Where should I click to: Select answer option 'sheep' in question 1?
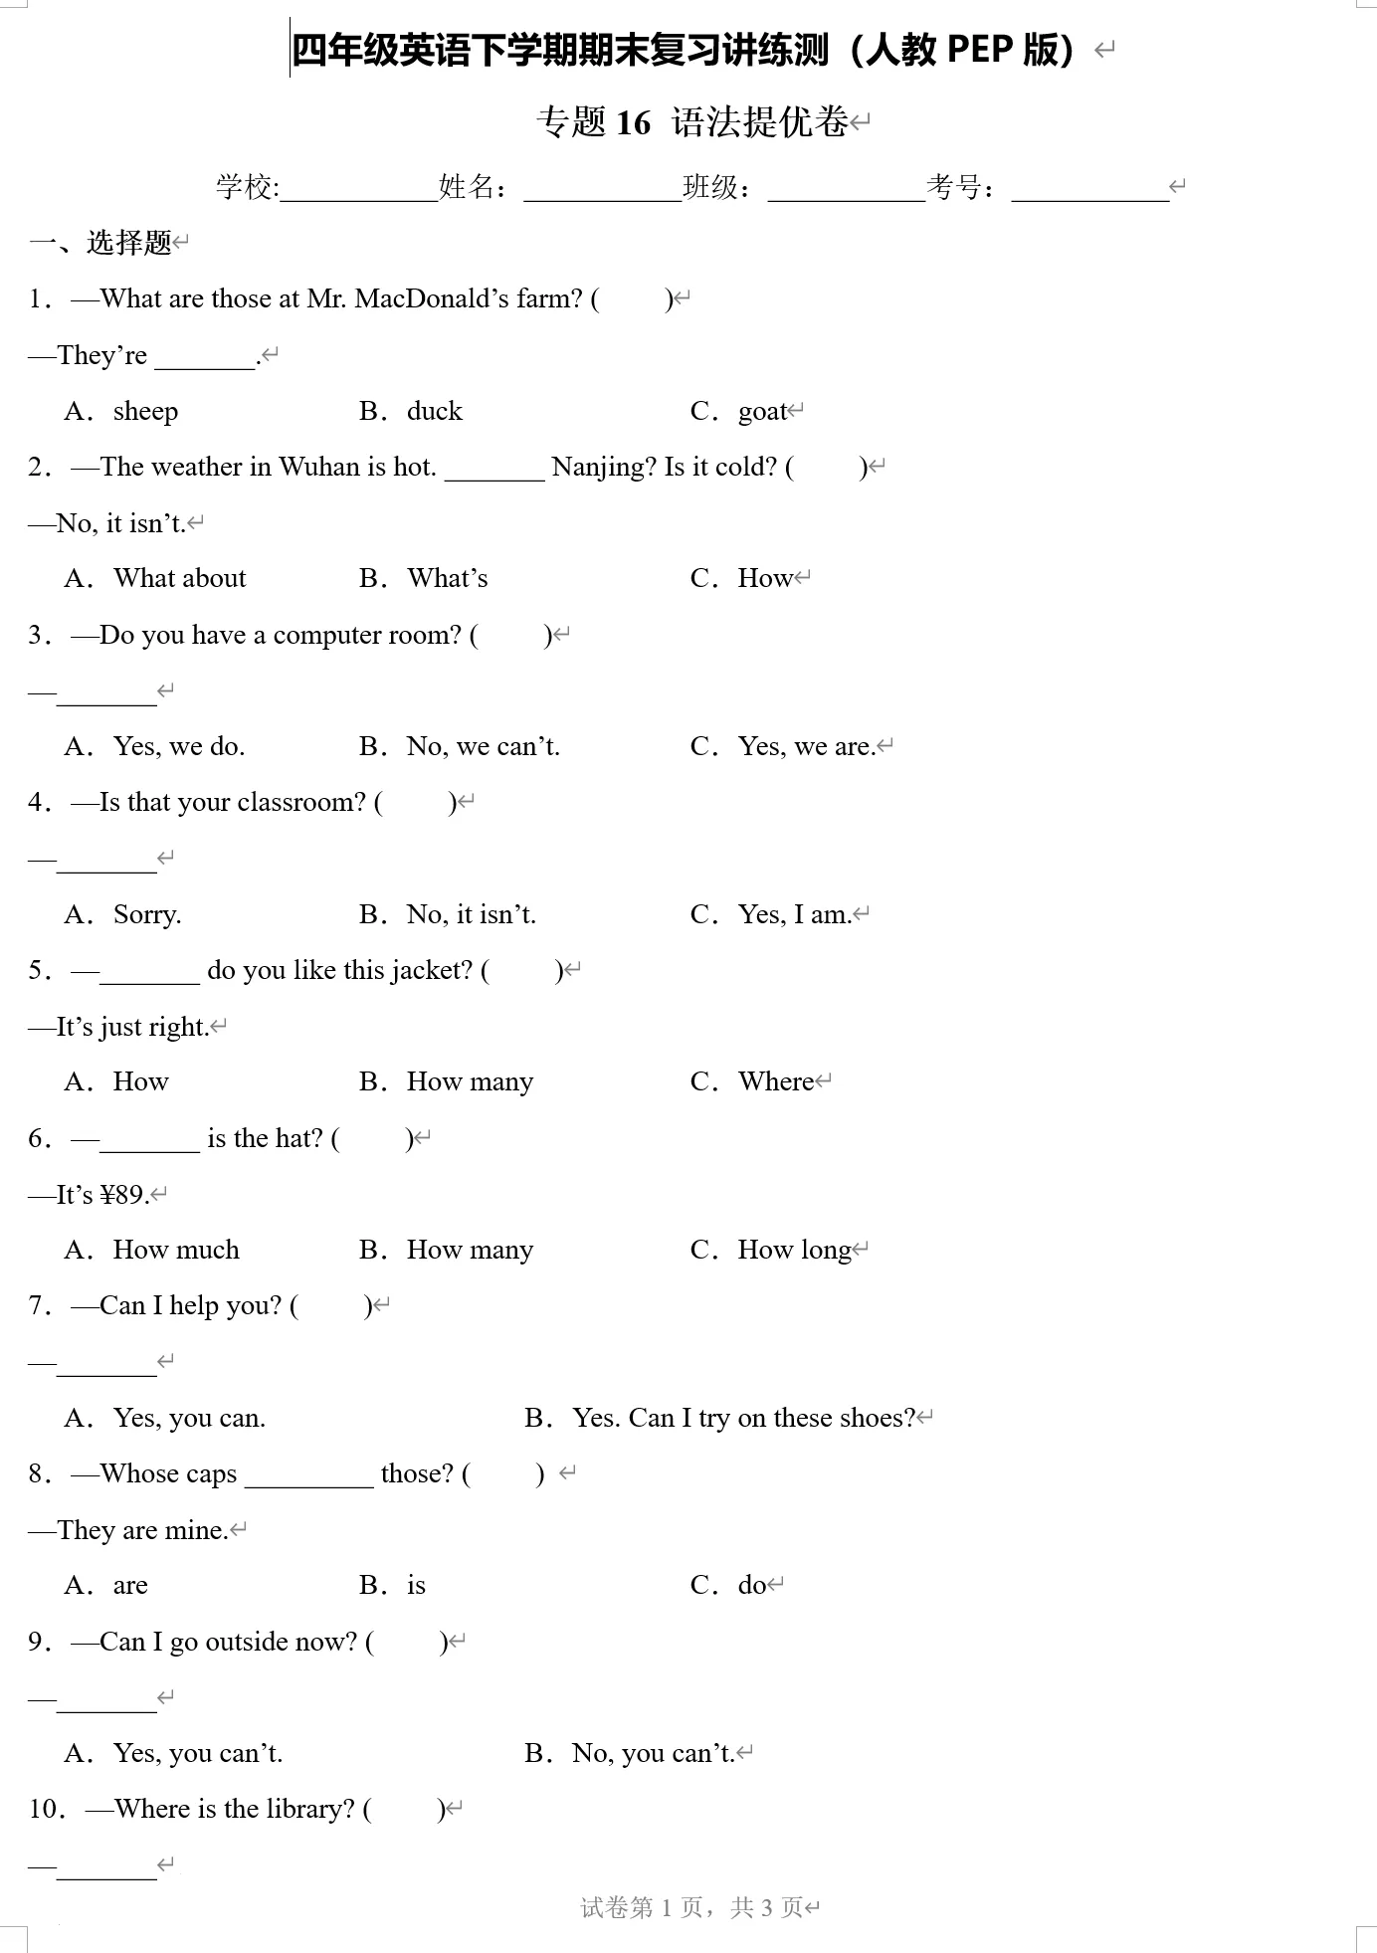coord(145,411)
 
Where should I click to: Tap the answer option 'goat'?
coord(762,411)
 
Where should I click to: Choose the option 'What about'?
coord(180,578)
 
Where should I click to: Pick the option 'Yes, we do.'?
coord(179,746)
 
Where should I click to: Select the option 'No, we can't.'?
coord(484,746)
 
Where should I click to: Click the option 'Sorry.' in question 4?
coord(147,914)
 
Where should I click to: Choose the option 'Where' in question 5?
coord(776,1081)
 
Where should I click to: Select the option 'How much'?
coord(176,1250)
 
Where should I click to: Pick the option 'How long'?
coord(794,1250)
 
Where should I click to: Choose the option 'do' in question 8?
coord(752,1585)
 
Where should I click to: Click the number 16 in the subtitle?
coord(633,122)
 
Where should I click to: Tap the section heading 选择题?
coord(129,242)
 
